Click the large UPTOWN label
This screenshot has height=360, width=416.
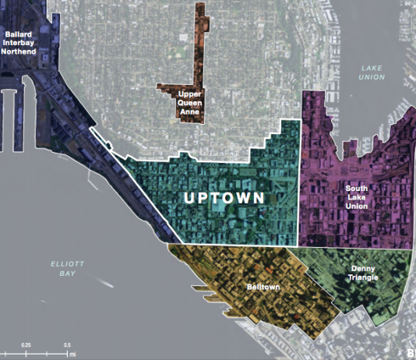[223, 198]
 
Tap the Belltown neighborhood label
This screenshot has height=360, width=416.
[266, 288]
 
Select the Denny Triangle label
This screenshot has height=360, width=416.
[358, 274]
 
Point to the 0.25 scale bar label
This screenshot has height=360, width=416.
[26, 344]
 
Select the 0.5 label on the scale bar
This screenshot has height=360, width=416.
[67, 344]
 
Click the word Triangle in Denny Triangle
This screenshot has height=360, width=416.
[358, 278]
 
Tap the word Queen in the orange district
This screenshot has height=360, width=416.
[190, 104]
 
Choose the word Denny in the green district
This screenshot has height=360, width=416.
[358, 269]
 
